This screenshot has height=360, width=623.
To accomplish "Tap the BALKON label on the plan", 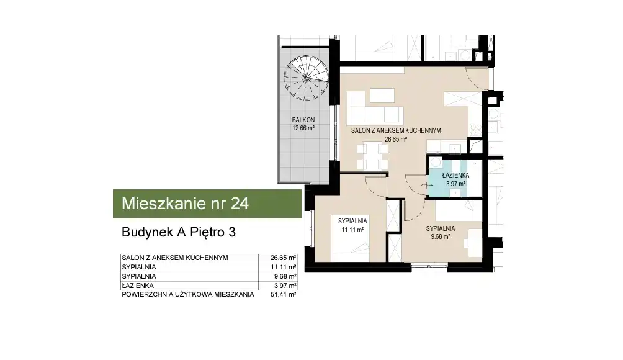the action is pos(303,120).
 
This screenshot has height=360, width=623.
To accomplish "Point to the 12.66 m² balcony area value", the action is pos(303,128).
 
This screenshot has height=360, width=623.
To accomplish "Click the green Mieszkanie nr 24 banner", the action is pos(207,204).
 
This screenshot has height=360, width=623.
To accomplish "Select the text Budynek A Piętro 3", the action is pos(178,232).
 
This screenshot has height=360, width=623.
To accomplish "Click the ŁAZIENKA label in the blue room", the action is pos(455,175).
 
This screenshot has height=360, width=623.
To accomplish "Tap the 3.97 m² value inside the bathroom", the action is pos(455,184).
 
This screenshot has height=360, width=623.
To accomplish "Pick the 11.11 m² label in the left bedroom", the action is pos(352,230).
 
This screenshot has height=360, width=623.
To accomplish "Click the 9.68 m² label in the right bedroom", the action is pos(440,237).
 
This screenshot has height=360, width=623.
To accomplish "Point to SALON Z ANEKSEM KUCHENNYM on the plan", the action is pos(396,130).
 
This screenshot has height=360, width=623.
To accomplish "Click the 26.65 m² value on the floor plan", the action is pos(396,139).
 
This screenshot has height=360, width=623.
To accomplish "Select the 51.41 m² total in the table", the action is pos(284,294).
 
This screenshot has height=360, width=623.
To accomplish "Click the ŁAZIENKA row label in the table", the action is pos(138,286).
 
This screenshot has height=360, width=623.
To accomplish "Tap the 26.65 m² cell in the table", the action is pos(284,258).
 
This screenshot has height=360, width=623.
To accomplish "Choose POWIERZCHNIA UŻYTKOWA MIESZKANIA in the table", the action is pos(187,294).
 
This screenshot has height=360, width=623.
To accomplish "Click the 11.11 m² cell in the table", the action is pos(284,267).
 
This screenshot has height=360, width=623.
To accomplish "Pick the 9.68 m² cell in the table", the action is pos(285,276).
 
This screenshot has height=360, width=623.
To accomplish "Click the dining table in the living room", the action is pos(372,156).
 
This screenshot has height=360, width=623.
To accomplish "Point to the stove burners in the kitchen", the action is pos(476,128).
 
